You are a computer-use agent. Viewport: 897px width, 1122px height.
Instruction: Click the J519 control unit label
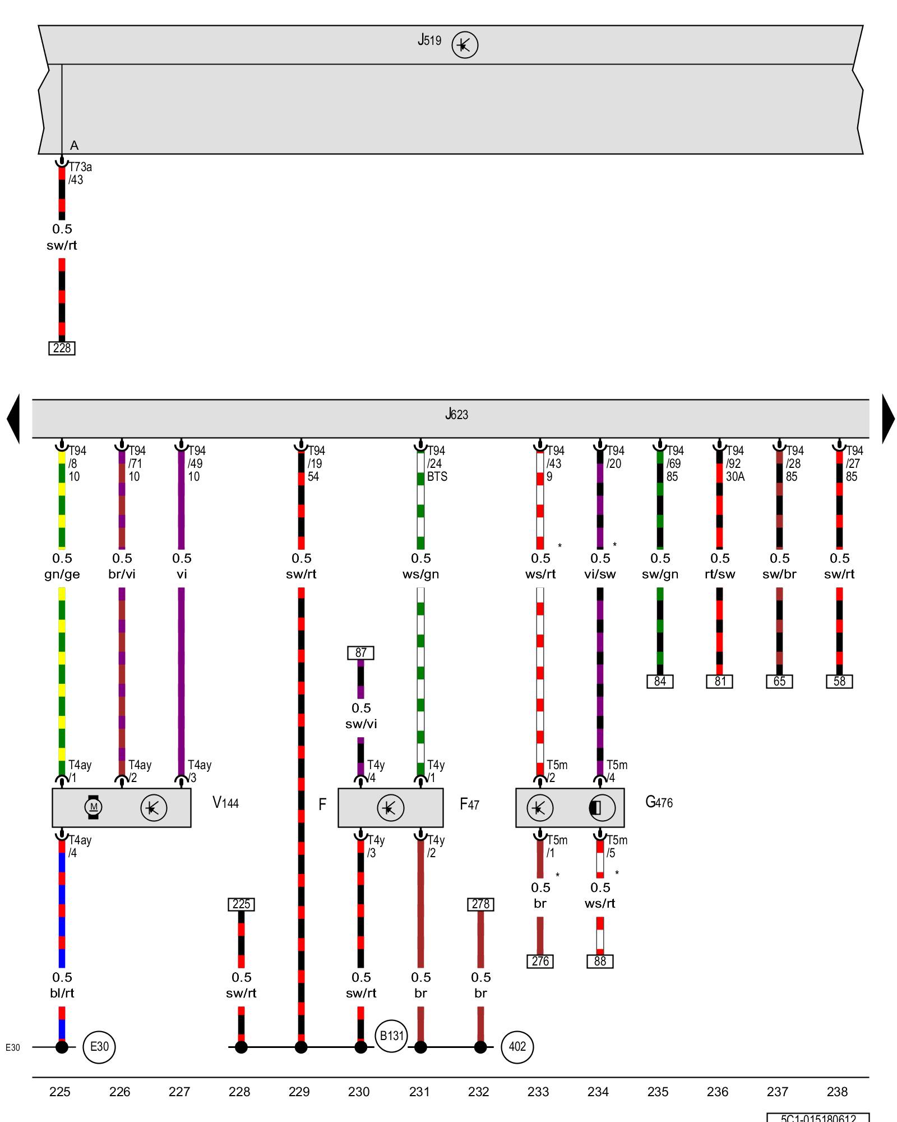coord(429,40)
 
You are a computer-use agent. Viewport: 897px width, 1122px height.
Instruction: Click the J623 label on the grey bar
coord(456,415)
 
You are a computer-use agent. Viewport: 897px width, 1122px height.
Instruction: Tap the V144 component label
coord(225,803)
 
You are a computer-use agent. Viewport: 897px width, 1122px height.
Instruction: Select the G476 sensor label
coord(659,802)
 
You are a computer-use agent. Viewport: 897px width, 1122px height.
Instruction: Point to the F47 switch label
coord(469,804)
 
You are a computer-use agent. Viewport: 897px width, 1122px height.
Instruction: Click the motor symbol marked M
coord(94,807)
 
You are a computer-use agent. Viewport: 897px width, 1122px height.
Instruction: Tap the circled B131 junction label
coord(391,1036)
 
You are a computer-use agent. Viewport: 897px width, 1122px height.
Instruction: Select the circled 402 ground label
coord(517,1046)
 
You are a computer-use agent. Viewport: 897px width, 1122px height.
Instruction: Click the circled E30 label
coord(99,1046)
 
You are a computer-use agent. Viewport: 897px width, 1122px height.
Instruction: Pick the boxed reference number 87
coord(360,652)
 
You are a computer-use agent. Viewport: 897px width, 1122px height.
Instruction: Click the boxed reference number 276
coord(540,961)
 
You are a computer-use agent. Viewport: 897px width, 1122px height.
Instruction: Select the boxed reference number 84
coord(660,681)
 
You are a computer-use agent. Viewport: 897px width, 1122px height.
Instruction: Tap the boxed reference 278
coord(480,904)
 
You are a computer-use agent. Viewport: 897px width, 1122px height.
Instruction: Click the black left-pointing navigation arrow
coord(13,419)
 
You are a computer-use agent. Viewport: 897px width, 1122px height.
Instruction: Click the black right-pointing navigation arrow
coord(888,419)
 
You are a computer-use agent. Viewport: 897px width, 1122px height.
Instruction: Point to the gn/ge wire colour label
coord(62,574)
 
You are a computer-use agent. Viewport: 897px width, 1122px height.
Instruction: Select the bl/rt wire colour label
coord(62,993)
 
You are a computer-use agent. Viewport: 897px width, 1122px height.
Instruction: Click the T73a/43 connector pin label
coord(80,173)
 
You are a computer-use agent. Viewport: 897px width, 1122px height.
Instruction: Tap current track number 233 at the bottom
coord(538,1092)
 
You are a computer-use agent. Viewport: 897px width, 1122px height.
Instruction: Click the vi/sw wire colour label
coord(600,574)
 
